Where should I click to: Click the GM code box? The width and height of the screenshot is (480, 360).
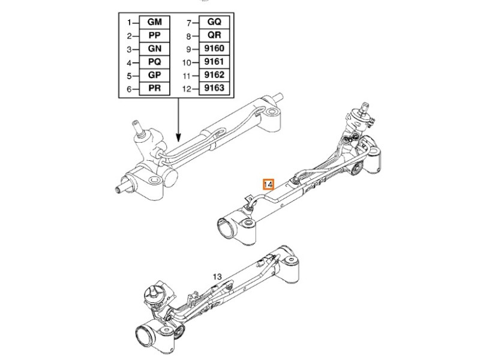click(154, 23)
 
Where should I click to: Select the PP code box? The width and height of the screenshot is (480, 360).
click(154, 36)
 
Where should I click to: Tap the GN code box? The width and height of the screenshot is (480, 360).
click(154, 49)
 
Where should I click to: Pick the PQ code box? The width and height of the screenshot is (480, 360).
click(154, 62)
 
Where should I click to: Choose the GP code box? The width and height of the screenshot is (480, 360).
click(154, 76)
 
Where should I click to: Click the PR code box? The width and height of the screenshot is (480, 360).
click(154, 89)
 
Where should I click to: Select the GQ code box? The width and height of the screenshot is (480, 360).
click(214, 23)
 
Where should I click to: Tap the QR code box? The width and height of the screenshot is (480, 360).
click(214, 36)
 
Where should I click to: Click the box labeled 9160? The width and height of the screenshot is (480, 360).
click(214, 49)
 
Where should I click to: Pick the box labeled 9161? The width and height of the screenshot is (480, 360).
click(214, 62)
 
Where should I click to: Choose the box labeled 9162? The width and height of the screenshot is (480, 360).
click(214, 76)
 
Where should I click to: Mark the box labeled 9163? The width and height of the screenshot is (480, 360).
click(214, 89)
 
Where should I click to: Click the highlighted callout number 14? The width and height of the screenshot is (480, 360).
click(268, 184)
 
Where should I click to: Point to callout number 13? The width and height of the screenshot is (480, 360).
click(217, 277)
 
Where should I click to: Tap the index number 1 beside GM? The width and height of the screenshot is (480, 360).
click(128, 23)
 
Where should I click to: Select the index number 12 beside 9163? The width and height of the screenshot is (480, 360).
click(186, 89)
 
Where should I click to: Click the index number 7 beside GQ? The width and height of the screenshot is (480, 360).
click(188, 23)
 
